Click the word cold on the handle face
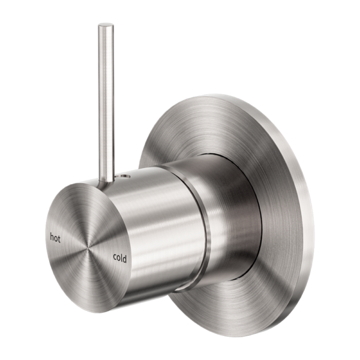click(119, 259)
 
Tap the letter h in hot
click(52, 235)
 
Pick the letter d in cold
click(125, 259)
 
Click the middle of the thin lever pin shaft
click(106, 102)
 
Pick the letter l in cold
click(122, 258)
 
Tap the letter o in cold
click(118, 259)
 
